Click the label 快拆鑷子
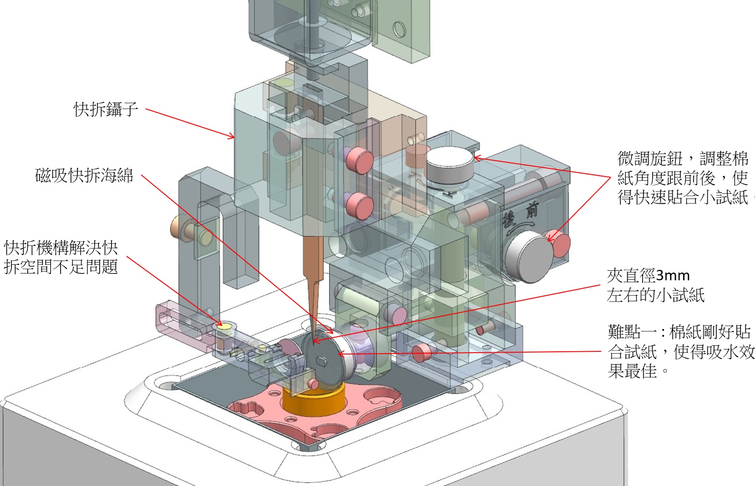106,110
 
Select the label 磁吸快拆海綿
84,176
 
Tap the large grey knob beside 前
528,257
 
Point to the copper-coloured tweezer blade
314,273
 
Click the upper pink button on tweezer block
360,159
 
